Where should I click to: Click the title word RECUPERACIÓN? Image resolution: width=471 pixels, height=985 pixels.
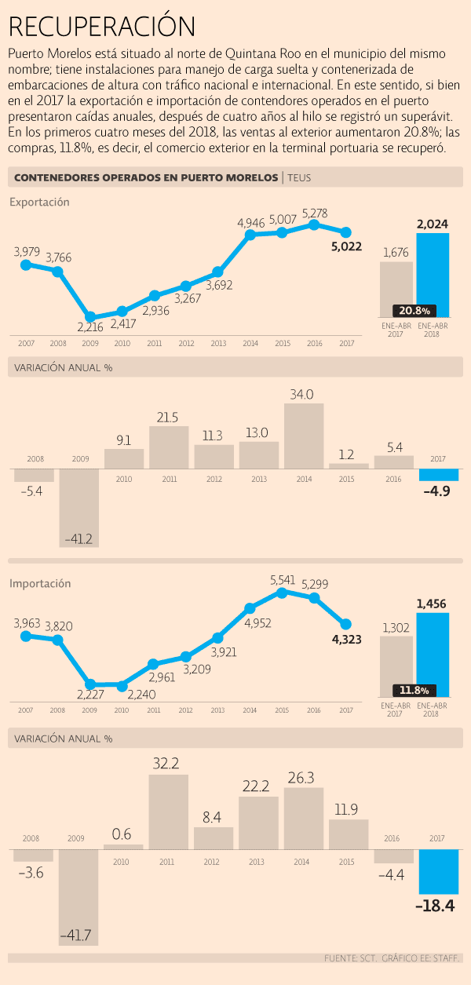click(102, 27)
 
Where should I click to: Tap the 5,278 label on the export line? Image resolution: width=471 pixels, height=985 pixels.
click(314, 213)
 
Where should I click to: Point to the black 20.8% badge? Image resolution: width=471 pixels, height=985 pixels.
click(414, 310)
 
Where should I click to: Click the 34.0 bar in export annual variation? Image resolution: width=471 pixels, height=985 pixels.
click(304, 436)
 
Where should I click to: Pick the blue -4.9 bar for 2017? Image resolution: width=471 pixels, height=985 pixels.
click(439, 475)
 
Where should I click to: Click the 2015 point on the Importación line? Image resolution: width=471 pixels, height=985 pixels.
click(282, 593)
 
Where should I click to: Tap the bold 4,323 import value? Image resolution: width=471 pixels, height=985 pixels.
click(346, 640)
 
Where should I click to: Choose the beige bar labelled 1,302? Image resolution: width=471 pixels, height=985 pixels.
click(396, 666)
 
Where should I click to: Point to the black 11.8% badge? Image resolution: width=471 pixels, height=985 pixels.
click(414, 691)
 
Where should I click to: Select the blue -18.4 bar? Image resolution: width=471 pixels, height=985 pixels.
click(439, 871)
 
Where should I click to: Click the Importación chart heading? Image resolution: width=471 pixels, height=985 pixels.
click(40, 584)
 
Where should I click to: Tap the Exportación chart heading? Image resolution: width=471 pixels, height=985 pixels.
click(39, 202)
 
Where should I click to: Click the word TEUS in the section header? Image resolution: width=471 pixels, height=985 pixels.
click(299, 177)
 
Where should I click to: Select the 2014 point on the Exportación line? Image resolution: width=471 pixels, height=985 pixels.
click(250, 234)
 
